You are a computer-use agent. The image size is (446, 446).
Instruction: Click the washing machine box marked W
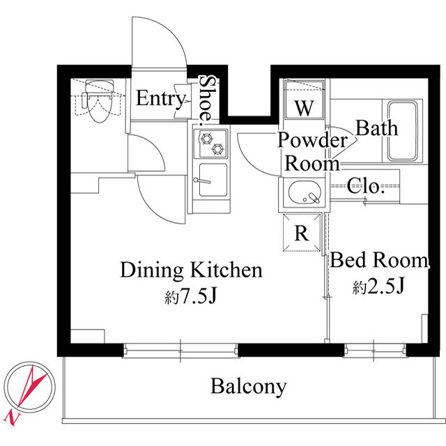tap(304, 109)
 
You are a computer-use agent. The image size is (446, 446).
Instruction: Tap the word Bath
tap(377, 128)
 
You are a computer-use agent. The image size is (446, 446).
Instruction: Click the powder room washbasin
tap(304, 192)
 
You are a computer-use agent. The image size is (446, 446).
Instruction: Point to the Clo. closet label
tap(367, 186)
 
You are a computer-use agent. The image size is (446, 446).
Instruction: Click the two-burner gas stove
tap(211, 143)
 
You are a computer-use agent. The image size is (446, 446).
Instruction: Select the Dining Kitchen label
tap(191, 270)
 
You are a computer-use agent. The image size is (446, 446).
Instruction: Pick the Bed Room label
tap(380, 261)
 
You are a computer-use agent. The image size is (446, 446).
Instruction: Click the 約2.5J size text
tap(379, 286)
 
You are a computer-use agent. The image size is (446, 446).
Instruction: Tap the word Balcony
tap(249, 386)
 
